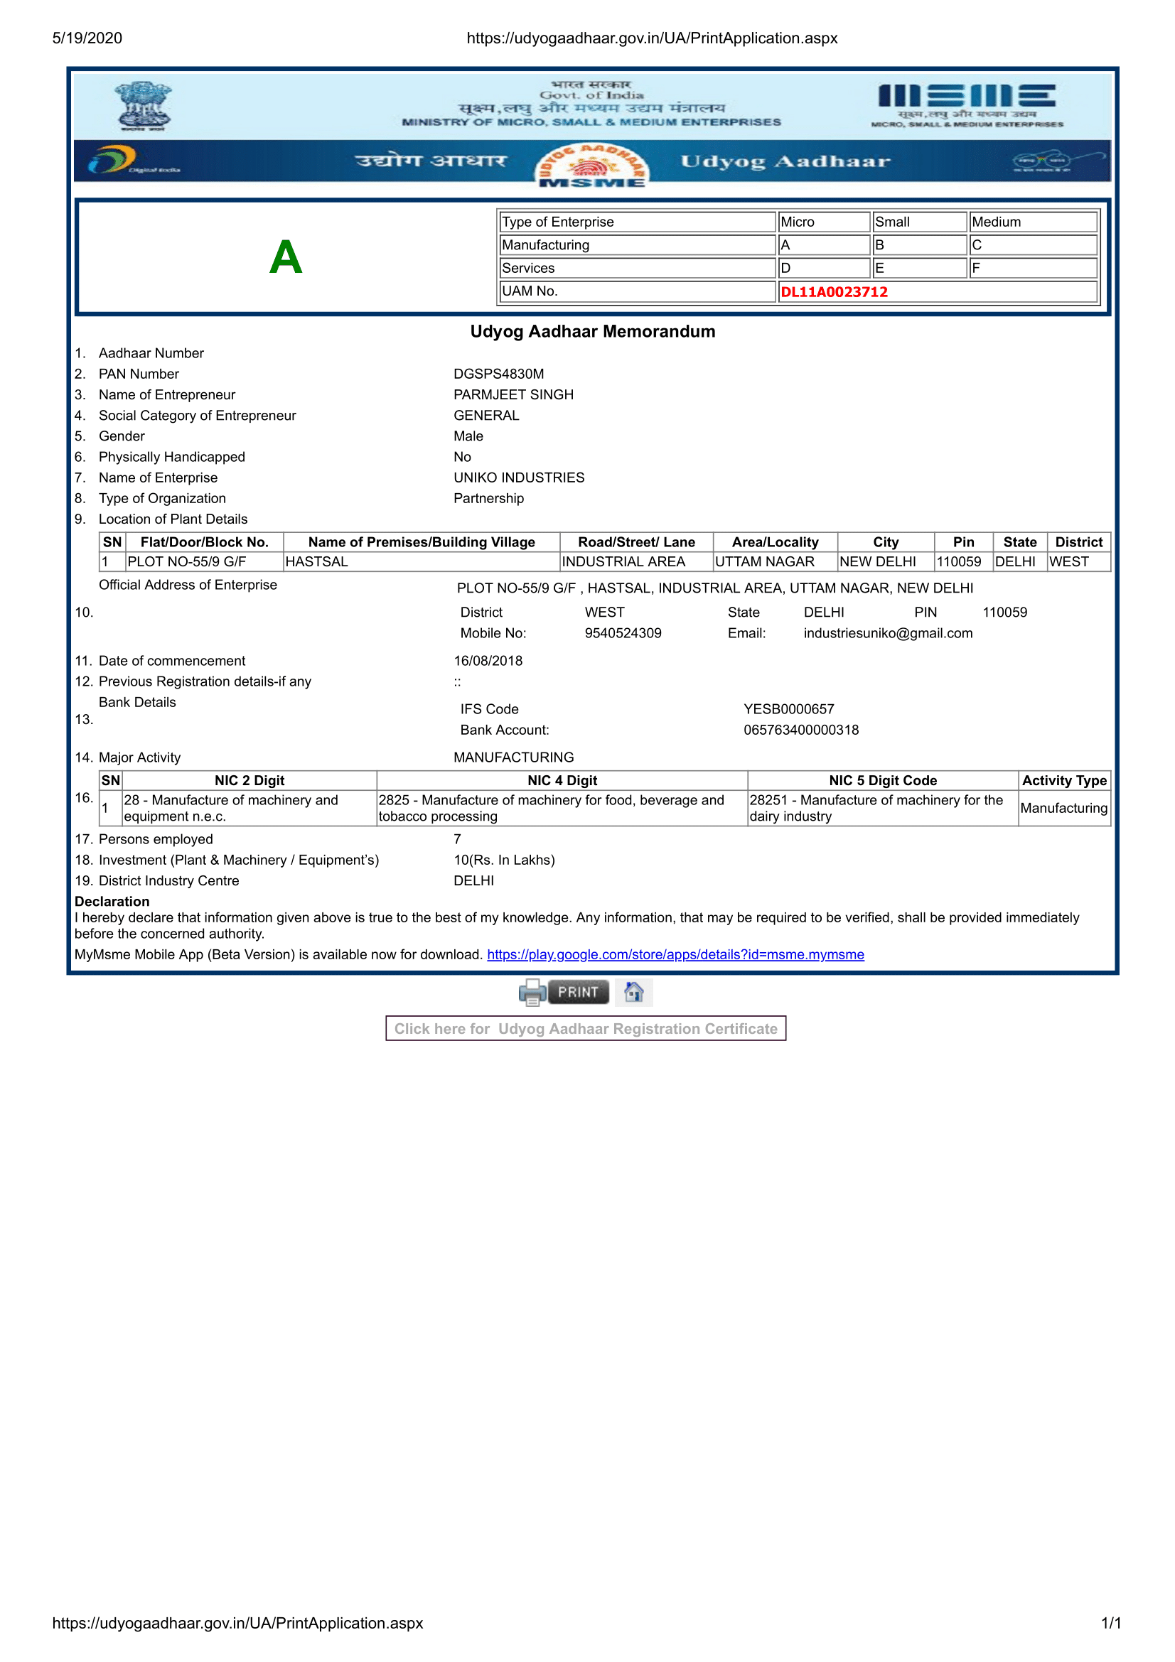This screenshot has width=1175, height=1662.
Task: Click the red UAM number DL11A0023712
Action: click(833, 292)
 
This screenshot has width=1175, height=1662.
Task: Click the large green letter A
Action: click(285, 257)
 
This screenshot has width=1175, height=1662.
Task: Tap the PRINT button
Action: click(577, 992)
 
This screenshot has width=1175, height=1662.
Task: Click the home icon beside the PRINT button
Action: click(633, 992)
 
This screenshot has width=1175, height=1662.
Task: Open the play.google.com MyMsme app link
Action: click(675, 954)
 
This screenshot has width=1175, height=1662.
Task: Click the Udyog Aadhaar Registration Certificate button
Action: click(585, 1029)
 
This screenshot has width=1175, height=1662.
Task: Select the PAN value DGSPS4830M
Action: click(498, 374)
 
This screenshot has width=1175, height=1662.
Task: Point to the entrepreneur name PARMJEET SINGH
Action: click(513, 394)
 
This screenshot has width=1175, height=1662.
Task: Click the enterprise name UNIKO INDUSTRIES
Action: click(518, 477)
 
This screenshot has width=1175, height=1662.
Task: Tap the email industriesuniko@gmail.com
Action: click(888, 633)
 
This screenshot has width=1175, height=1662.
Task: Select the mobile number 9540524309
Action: click(623, 633)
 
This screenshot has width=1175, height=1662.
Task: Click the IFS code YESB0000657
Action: click(788, 709)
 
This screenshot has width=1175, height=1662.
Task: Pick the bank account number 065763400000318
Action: click(800, 730)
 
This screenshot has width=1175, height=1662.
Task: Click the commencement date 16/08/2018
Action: click(487, 661)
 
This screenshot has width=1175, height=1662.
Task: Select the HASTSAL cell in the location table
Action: click(317, 562)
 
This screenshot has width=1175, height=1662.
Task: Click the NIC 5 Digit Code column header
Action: click(883, 780)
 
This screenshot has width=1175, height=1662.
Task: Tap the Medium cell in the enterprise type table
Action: click(995, 222)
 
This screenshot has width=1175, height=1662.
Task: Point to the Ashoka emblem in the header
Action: click(144, 105)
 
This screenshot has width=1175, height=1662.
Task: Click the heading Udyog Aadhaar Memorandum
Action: click(592, 332)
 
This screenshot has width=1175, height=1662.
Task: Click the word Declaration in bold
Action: click(112, 901)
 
